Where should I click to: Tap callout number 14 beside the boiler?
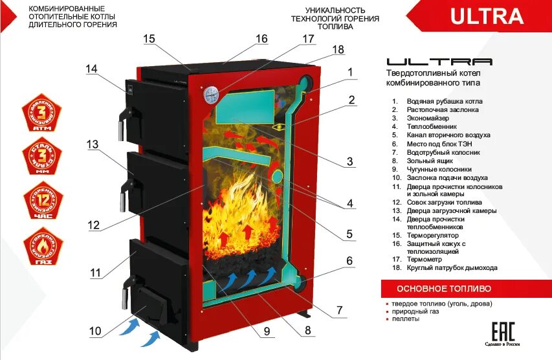click(91, 69)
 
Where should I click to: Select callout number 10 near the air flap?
click(95, 332)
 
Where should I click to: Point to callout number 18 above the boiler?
click(338, 50)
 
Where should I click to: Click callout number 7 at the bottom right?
click(338, 310)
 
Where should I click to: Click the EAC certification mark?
click(504, 331)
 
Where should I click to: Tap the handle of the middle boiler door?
click(121, 197)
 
